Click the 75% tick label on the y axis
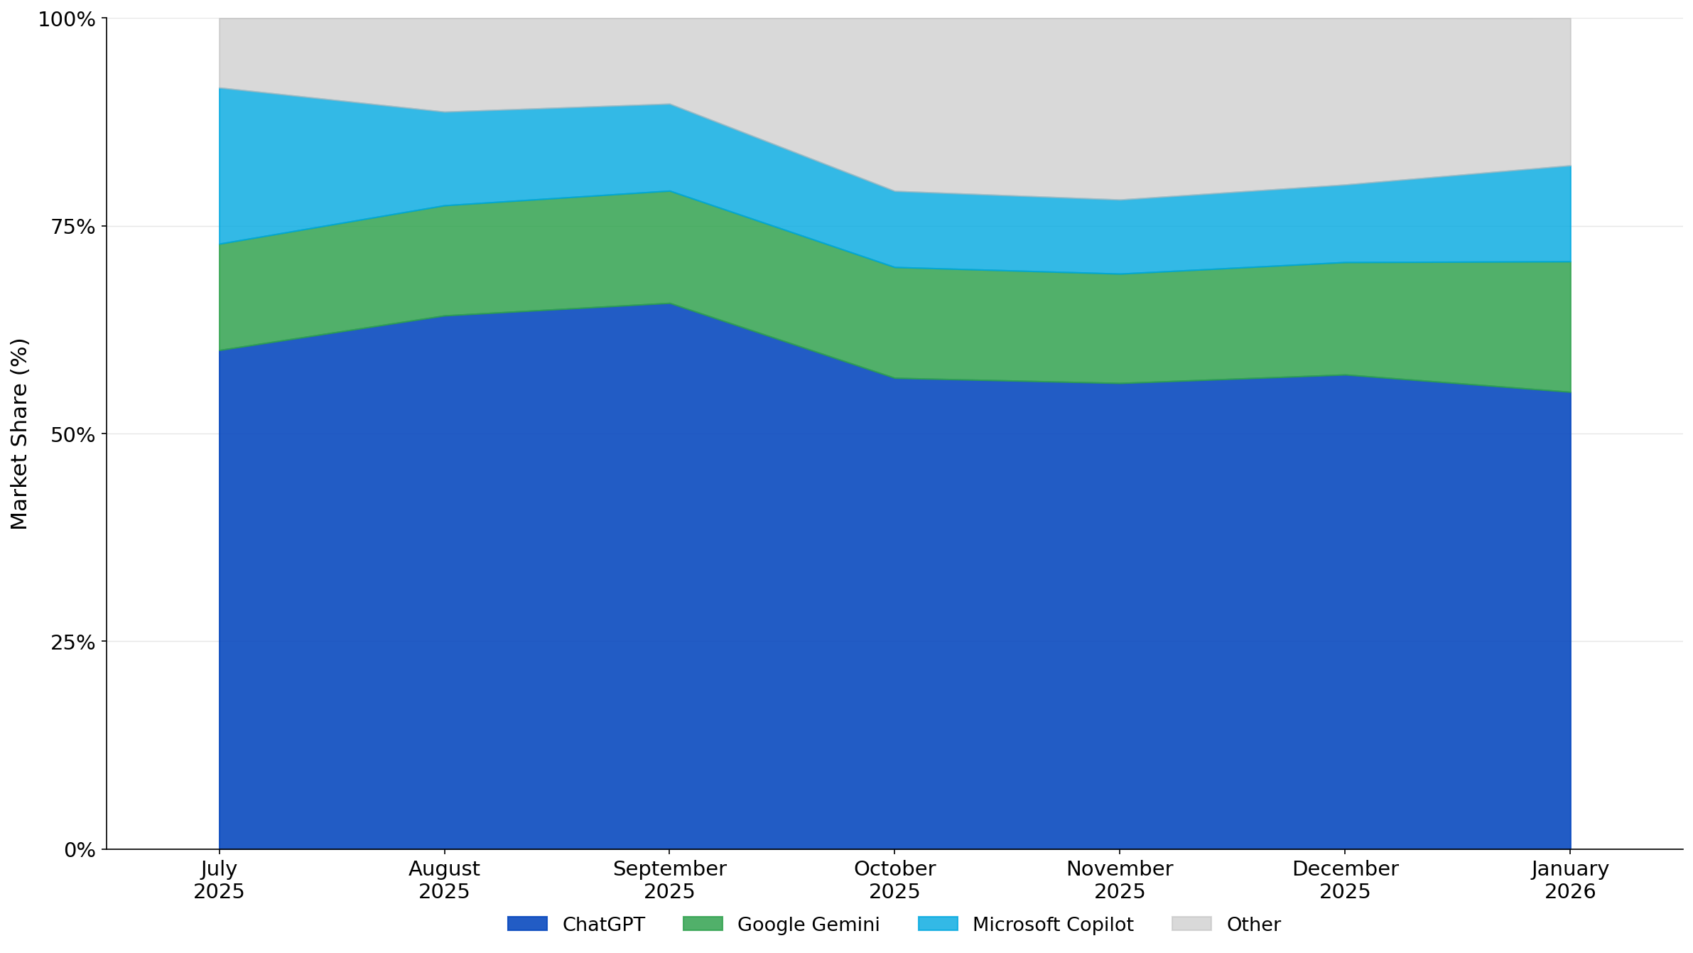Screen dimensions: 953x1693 point(72,227)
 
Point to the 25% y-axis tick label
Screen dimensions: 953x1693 point(72,642)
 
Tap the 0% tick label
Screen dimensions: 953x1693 point(80,850)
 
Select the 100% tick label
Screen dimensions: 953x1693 point(66,19)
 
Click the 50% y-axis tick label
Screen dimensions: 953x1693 point(72,435)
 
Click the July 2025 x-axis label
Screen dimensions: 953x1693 point(219,880)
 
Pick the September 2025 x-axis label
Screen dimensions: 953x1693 point(669,880)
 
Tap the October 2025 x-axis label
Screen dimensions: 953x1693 point(894,880)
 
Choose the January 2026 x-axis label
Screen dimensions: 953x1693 point(1570,880)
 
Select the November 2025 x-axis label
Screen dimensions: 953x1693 point(1120,880)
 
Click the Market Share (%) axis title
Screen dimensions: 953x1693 point(19,434)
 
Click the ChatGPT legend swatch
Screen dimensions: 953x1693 point(527,924)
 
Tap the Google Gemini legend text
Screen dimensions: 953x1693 point(808,925)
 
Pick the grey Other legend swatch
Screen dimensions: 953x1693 point(1191,924)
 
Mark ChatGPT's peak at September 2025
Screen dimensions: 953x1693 point(669,303)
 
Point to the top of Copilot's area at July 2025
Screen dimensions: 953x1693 point(220,88)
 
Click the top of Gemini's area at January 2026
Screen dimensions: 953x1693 point(1570,262)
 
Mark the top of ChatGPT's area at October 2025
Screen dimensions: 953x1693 point(894,378)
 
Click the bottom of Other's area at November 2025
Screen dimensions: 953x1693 point(1120,200)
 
